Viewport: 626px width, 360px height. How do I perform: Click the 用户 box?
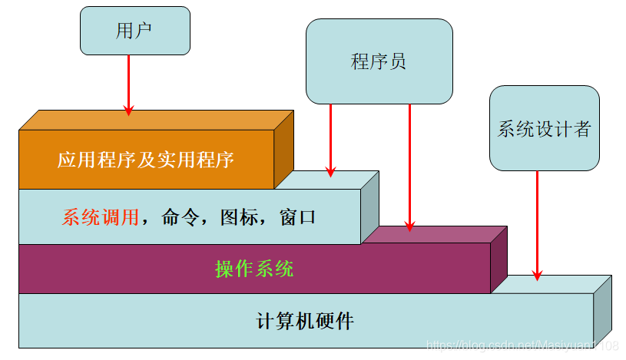134,31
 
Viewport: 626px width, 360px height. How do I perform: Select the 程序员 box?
379,61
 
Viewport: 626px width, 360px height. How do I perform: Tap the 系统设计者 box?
544,128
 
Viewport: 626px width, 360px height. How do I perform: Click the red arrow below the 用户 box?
128,84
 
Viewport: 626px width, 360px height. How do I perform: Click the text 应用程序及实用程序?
145,160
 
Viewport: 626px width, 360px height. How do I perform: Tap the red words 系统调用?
101,217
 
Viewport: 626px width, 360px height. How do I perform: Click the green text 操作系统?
254,269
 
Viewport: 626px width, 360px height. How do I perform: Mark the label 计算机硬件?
305,320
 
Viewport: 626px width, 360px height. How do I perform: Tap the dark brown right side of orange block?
283,150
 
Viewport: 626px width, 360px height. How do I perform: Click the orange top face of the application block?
154,120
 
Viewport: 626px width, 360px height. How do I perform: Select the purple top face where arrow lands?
430,234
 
